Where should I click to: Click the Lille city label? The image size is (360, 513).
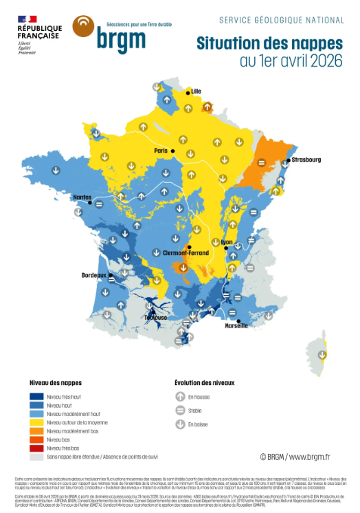pos(196,91)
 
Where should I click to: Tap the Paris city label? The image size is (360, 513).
pos(161,151)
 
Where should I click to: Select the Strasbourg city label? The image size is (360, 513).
pos(306,160)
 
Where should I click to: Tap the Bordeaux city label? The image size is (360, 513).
pos(94,275)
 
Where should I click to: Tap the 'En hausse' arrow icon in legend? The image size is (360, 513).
pos(181,396)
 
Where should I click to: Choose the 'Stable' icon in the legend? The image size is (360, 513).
pos(181,410)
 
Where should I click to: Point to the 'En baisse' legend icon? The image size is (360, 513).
pos(181,424)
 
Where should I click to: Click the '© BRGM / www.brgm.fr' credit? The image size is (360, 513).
pos(295,456)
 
